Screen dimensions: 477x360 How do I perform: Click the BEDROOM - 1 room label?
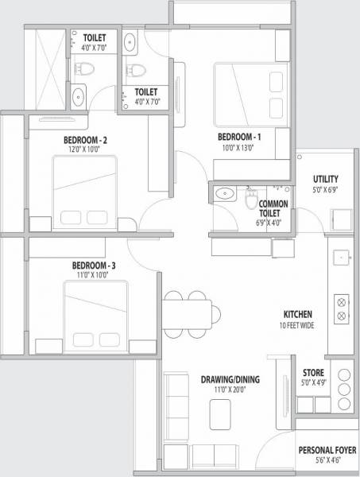[239, 136]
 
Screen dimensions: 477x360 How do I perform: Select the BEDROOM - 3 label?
[94, 265]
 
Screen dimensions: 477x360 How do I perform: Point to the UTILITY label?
[326, 179]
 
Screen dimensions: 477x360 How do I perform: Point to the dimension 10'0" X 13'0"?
[239, 146]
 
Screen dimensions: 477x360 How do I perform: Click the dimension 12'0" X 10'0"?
[85, 149]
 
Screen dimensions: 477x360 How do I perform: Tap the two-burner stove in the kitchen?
[343, 308]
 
